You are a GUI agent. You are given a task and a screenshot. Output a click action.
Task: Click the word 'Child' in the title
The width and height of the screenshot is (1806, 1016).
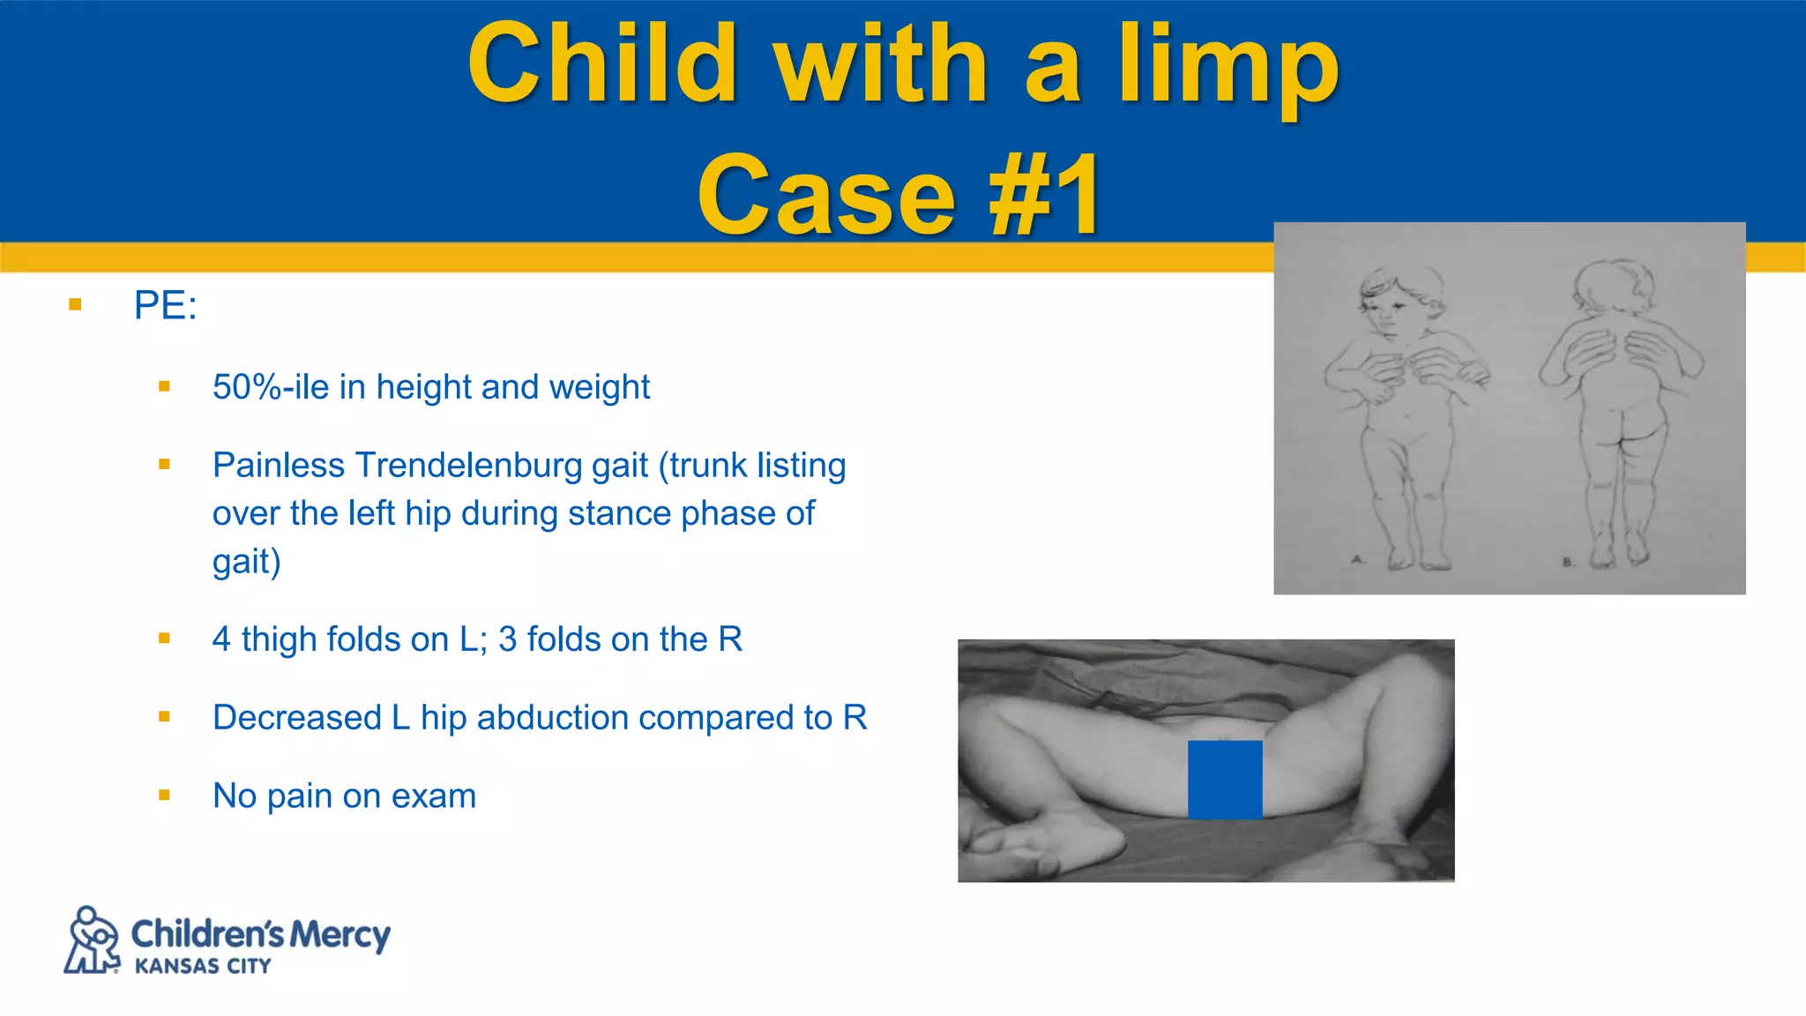pyautogui.click(x=601, y=63)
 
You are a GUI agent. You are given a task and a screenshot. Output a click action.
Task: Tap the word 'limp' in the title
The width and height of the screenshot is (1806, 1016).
pyautogui.click(x=1228, y=67)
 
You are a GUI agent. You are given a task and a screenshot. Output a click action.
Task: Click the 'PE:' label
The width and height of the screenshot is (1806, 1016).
pyautogui.click(x=165, y=305)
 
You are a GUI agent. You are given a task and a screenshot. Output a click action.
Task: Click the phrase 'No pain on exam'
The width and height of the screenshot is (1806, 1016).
pyautogui.click(x=344, y=796)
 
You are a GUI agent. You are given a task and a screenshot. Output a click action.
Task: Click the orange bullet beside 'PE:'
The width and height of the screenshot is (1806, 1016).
pyautogui.click(x=75, y=305)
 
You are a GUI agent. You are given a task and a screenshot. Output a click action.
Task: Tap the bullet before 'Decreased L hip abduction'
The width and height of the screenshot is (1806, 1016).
pyautogui.click(x=164, y=717)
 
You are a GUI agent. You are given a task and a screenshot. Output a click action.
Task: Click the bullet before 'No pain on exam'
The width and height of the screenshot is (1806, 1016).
pyautogui.click(x=164, y=796)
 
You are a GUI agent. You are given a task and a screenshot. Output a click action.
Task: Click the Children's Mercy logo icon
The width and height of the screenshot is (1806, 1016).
pyautogui.click(x=93, y=940)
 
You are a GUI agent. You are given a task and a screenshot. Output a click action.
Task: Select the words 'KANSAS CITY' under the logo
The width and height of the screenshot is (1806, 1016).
pyautogui.click(x=203, y=966)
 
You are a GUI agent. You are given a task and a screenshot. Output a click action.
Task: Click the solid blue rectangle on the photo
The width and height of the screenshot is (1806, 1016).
pyautogui.click(x=1225, y=780)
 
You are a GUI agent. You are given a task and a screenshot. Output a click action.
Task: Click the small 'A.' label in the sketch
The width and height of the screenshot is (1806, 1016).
pyautogui.click(x=1358, y=559)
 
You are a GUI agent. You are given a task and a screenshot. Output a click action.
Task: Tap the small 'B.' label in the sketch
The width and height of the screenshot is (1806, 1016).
pyautogui.click(x=1567, y=562)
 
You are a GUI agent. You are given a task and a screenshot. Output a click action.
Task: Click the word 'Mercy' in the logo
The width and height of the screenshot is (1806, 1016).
pyautogui.click(x=340, y=935)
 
